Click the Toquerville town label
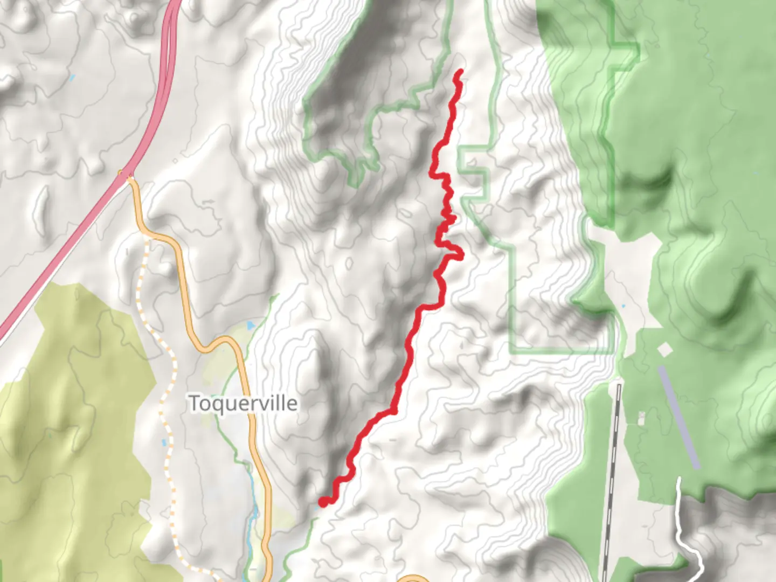click(x=243, y=403)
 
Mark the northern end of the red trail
click(x=460, y=72)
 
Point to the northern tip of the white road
click(x=678, y=479)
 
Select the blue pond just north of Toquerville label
click(x=249, y=326)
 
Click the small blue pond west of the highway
click(x=72, y=78)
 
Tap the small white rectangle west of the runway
click(x=641, y=418)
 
